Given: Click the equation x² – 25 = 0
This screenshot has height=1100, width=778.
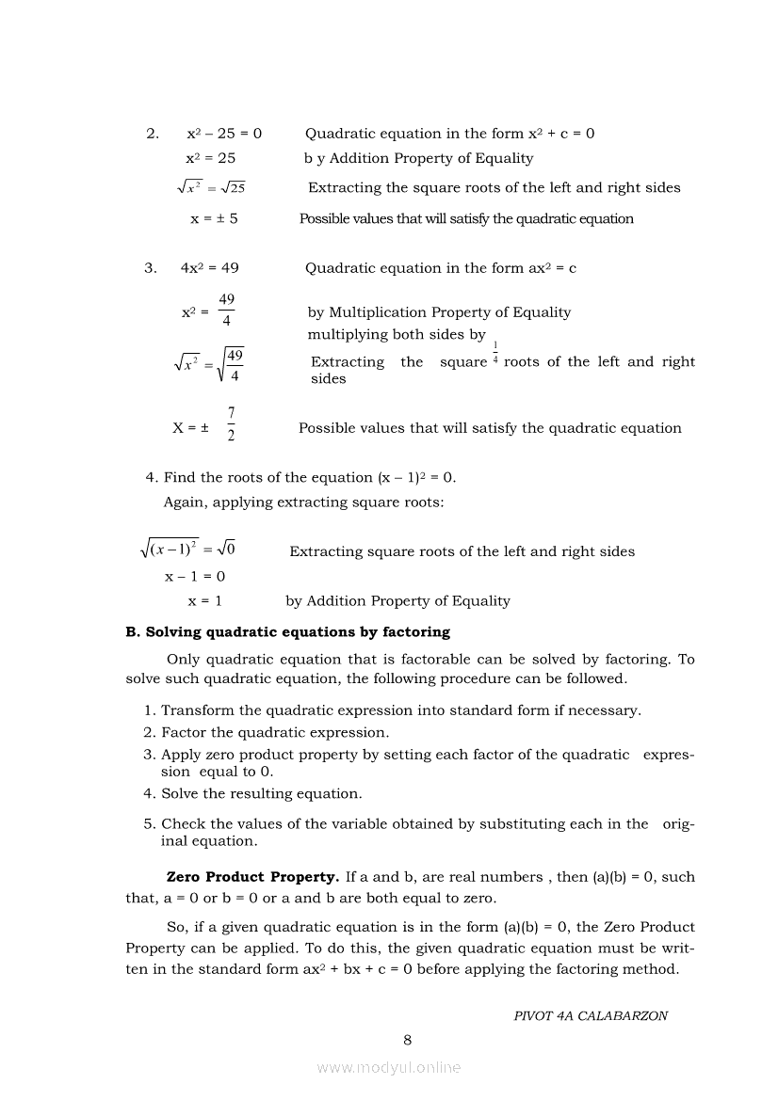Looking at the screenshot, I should tap(224, 134).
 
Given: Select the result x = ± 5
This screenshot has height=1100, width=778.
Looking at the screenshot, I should tap(214, 218).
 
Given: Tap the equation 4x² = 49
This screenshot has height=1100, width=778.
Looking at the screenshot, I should tap(209, 268).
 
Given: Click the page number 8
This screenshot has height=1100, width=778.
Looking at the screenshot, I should tap(407, 1040).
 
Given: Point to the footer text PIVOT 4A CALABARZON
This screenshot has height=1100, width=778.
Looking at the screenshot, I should tap(591, 1016).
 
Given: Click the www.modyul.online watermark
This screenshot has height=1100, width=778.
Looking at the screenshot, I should tap(389, 1067).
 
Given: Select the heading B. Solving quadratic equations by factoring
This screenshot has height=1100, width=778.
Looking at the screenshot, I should tap(288, 632).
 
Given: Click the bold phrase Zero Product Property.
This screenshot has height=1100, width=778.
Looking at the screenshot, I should tap(252, 877).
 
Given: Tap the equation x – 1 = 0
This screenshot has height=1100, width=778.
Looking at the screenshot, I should tap(195, 576).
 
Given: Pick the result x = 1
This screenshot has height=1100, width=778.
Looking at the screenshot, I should tap(205, 600).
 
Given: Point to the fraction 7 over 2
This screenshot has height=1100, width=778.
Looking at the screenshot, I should tap(232, 426).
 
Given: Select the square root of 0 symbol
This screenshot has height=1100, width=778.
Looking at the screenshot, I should tap(226, 549).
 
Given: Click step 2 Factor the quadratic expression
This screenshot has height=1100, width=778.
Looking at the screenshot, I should tap(274, 732).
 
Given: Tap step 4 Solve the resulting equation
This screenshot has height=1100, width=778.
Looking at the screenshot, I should tap(261, 793).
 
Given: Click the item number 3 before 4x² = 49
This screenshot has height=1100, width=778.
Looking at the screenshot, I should tap(150, 268).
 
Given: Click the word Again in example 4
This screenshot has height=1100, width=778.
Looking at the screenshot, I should tap(185, 502).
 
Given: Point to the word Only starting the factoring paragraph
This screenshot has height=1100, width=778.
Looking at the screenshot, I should tap(186, 660).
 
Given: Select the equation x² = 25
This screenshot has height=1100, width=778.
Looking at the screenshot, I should tap(211, 158).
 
